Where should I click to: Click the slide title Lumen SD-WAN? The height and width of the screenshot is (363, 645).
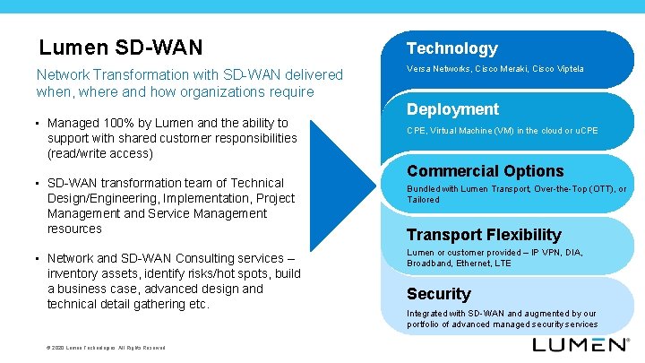121,47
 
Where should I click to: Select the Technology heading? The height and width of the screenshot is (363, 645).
452,48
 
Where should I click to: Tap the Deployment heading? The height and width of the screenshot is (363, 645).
452,109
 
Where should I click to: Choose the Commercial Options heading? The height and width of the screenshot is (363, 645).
485,171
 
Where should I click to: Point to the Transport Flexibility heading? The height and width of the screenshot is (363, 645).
484,235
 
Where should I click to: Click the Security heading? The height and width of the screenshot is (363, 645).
438,294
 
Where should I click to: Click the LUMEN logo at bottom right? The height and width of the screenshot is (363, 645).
580,344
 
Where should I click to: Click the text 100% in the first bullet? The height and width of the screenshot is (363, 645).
116,123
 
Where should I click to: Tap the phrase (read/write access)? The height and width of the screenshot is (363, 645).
100,153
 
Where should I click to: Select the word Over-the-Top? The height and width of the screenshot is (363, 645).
561,189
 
